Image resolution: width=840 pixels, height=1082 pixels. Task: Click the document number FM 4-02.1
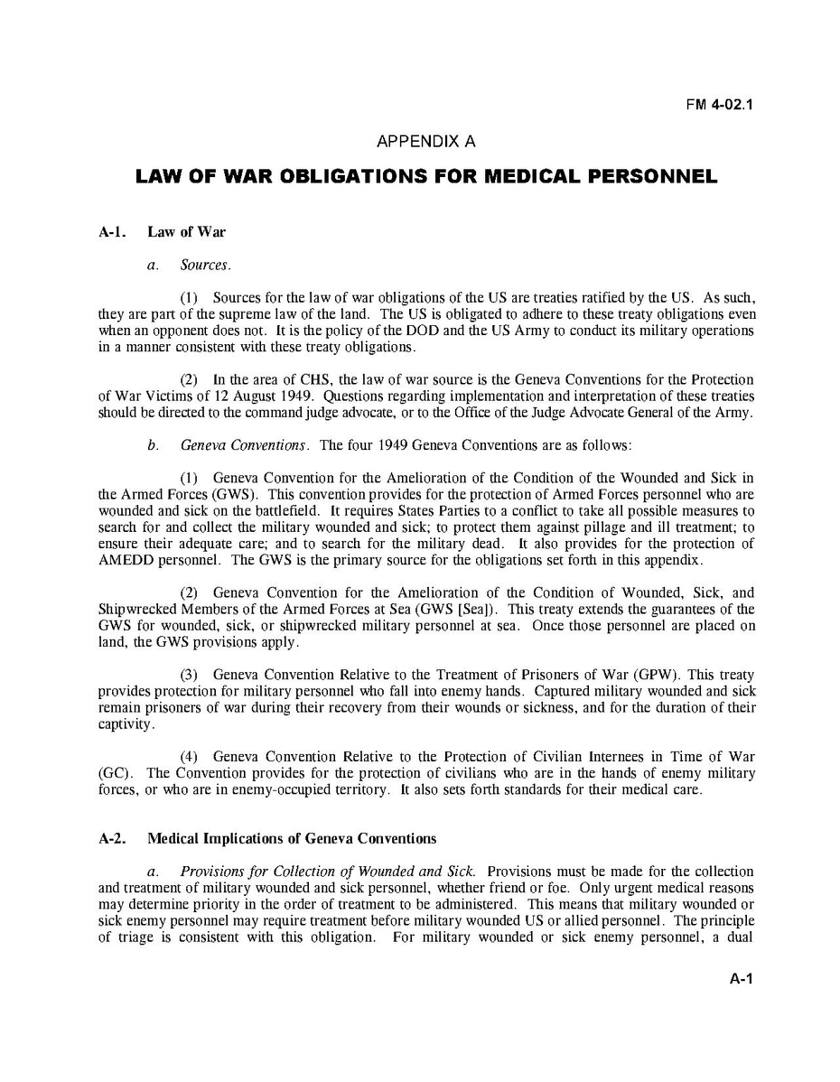click(719, 104)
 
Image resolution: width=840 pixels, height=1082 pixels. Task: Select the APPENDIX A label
click(425, 141)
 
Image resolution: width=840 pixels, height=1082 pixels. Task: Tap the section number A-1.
click(111, 232)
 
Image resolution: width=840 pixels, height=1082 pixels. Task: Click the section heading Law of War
click(186, 232)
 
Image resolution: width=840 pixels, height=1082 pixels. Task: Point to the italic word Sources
click(205, 265)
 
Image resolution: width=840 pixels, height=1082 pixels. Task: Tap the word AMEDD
click(125, 560)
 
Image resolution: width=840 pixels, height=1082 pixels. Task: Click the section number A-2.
click(111, 838)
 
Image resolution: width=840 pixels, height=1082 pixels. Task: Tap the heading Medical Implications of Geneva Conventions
click(292, 838)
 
